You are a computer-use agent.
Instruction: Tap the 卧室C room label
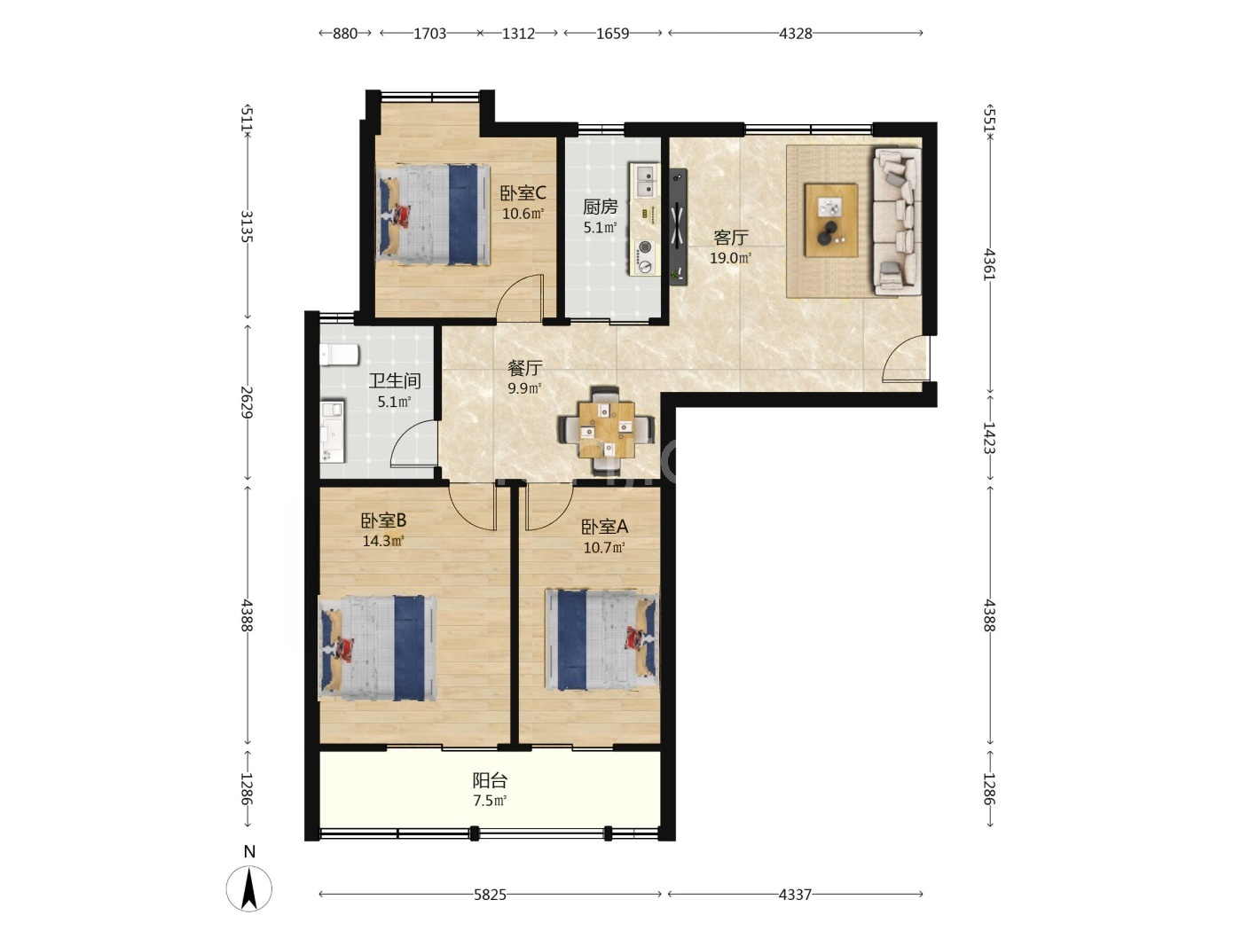coord(523,193)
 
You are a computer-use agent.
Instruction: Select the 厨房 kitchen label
coord(600,207)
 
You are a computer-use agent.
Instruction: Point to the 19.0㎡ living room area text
coord(730,258)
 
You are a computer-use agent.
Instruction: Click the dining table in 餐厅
coord(606,430)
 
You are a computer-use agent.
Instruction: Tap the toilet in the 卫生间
coord(340,355)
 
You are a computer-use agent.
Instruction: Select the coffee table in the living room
coord(830,220)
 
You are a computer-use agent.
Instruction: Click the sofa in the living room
coord(896,221)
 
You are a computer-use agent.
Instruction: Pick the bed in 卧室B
coord(377,648)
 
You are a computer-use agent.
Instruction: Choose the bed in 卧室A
coord(602,640)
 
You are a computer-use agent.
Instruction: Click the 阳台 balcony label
coord(490,780)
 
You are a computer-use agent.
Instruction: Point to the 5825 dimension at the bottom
coord(490,895)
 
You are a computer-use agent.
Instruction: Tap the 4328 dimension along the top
coord(796,34)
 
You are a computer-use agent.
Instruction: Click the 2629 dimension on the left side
coord(247,402)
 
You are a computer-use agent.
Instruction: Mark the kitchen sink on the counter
coord(645,180)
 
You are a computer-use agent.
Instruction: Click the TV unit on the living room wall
coord(678,226)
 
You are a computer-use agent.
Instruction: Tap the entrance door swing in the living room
coord(906,358)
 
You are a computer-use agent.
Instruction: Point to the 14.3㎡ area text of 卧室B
coord(383,541)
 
